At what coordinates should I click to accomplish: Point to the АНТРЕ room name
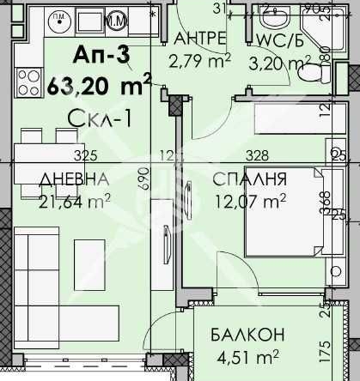click(199, 39)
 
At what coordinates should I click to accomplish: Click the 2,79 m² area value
click(198, 61)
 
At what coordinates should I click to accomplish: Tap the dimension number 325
click(84, 155)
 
